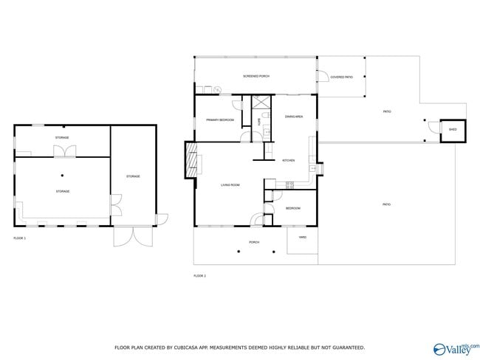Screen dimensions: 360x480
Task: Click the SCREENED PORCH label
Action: click(x=255, y=76)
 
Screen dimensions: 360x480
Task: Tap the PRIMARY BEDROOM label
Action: click(x=220, y=120)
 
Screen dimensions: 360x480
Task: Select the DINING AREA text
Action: click(x=294, y=117)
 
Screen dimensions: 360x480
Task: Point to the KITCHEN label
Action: click(x=288, y=160)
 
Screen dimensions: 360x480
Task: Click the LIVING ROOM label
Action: click(x=230, y=184)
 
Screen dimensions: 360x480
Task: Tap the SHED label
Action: click(x=453, y=130)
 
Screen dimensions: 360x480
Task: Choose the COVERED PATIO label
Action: click(x=341, y=77)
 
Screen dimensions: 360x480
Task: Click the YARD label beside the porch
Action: click(x=302, y=237)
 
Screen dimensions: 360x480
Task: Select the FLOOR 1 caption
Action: click(x=19, y=238)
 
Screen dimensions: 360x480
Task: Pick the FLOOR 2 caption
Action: click(x=199, y=275)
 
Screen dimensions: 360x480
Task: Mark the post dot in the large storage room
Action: click(x=62, y=175)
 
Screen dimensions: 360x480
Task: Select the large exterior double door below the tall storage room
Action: click(x=131, y=238)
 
